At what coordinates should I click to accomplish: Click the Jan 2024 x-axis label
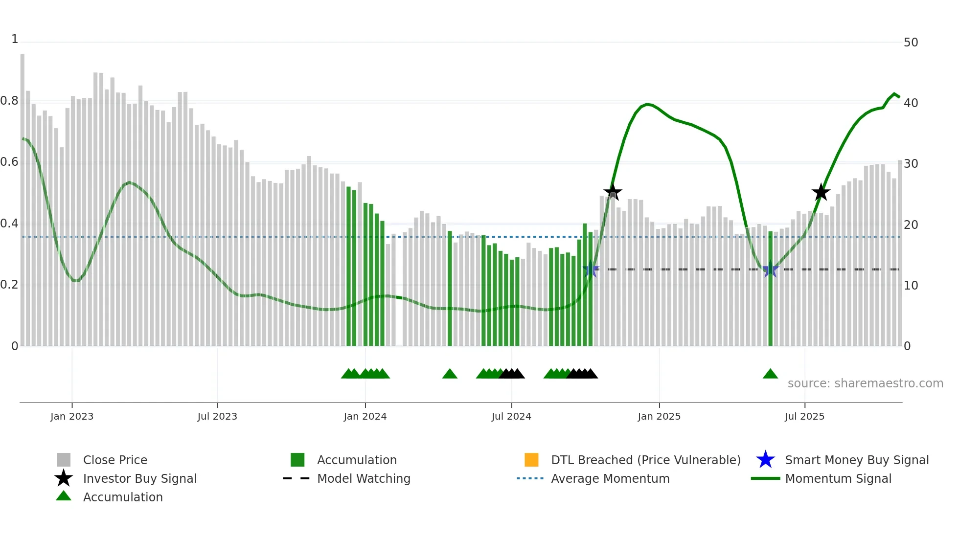[x=365, y=416]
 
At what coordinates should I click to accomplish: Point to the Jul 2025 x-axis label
[x=804, y=416]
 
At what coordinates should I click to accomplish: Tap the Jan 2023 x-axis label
[x=72, y=416]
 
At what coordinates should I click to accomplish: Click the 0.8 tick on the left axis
[x=9, y=101]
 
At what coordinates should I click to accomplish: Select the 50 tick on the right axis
[x=911, y=43]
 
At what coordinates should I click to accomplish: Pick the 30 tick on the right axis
[x=911, y=164]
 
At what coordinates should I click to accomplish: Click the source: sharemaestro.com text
[x=865, y=383]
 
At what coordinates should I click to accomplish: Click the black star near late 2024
[x=613, y=192]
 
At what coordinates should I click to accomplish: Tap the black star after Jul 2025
[x=821, y=192]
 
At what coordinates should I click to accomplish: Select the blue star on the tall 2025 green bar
[x=770, y=269]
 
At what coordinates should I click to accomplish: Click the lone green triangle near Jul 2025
[x=770, y=374]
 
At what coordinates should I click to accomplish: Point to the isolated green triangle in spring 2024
[x=450, y=374]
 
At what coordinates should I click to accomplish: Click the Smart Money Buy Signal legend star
[x=765, y=460]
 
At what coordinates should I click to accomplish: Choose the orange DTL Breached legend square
[x=531, y=460]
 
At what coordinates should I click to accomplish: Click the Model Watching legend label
[x=364, y=478]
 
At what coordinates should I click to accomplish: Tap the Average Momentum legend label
[x=610, y=478]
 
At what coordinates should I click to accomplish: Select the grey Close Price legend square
[x=64, y=460]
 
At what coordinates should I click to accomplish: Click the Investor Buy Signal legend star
[x=64, y=478]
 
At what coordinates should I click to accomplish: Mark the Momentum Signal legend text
[x=838, y=478]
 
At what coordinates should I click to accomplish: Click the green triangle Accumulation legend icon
[x=64, y=496]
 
